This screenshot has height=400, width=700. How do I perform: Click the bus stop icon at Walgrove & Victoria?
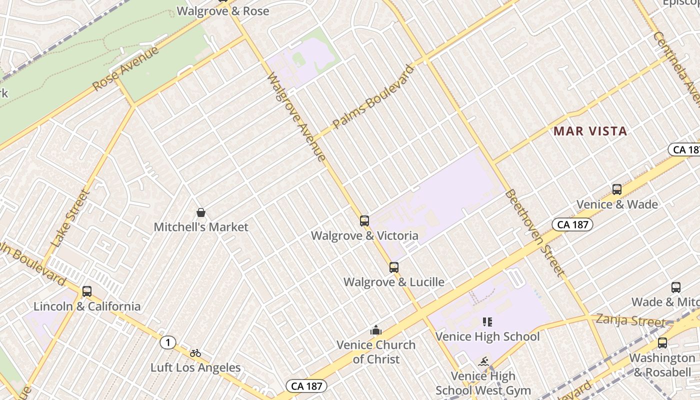[x=364, y=220]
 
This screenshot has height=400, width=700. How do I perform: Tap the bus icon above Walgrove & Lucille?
[x=394, y=267]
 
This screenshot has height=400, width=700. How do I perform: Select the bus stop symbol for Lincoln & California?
[x=87, y=291]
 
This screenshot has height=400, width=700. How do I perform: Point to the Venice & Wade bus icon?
[x=617, y=189]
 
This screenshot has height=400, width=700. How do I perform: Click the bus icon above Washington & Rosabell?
[x=662, y=343]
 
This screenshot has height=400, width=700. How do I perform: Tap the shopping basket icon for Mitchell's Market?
[x=201, y=212]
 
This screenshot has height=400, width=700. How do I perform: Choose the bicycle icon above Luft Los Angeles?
[x=195, y=353]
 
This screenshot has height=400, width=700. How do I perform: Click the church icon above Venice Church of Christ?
[x=376, y=330]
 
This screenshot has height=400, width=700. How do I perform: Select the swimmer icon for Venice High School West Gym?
[x=483, y=361]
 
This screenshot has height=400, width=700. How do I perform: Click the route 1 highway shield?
[x=168, y=342]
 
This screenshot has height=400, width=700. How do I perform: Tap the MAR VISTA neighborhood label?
[x=590, y=131]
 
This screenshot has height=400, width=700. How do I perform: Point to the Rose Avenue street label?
[x=126, y=68]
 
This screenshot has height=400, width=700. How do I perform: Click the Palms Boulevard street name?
[x=374, y=96]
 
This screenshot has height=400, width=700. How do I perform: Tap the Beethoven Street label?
[x=534, y=232]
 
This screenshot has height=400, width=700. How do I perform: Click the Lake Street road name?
[x=70, y=218]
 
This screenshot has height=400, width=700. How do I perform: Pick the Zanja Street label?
[x=630, y=320]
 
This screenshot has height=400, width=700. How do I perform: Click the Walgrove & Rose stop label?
[x=223, y=11]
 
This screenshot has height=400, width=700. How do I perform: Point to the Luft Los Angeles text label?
[x=195, y=368]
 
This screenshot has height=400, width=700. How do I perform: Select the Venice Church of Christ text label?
[x=376, y=352]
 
